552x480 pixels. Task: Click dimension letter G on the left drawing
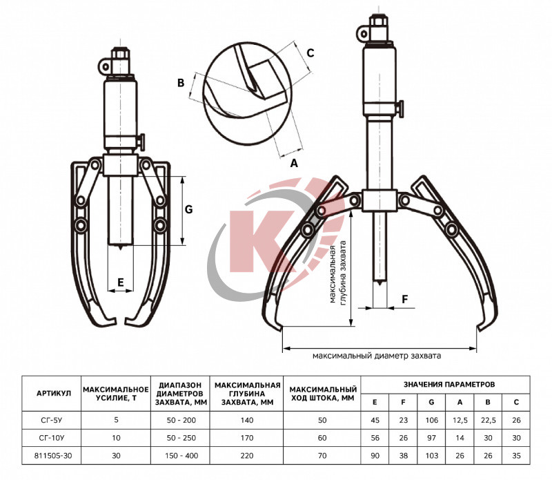pyautogui.click(x=188, y=209)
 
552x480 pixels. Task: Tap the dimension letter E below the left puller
pyautogui.click(x=121, y=282)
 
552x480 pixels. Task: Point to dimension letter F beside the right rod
pyautogui.click(x=405, y=299)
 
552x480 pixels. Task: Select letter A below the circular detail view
pyautogui.click(x=294, y=163)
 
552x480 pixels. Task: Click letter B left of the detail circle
pyautogui.click(x=181, y=83)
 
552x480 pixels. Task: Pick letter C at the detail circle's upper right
pyautogui.click(x=310, y=53)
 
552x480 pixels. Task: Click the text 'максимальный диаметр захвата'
pyautogui.click(x=377, y=356)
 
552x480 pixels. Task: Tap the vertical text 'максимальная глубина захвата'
pyautogui.click(x=338, y=272)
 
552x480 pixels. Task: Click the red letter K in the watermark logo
pyautogui.click(x=262, y=242)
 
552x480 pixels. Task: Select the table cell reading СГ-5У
pyautogui.click(x=51, y=420)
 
